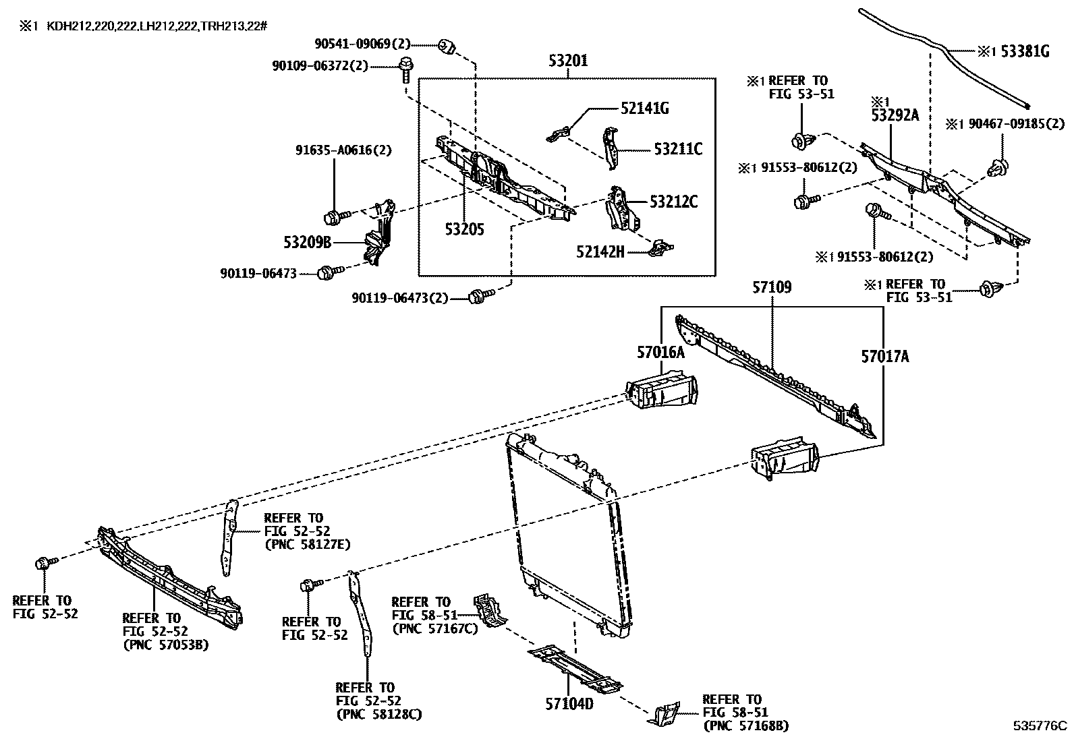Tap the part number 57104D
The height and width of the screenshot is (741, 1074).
click(x=569, y=704)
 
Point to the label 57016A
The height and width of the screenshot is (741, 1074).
click(x=660, y=352)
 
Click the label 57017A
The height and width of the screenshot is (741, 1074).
click(x=884, y=357)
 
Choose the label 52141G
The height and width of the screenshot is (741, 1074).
click(x=645, y=108)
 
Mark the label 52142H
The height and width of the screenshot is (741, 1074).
click(x=600, y=251)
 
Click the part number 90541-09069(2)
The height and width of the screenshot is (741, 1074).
click(x=362, y=45)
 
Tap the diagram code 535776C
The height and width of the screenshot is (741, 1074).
click(x=1040, y=726)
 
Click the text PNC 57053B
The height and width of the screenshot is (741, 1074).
click(x=165, y=645)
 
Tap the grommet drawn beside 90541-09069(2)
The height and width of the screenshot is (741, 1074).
click(x=446, y=47)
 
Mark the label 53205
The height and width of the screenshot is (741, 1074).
click(x=464, y=229)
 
